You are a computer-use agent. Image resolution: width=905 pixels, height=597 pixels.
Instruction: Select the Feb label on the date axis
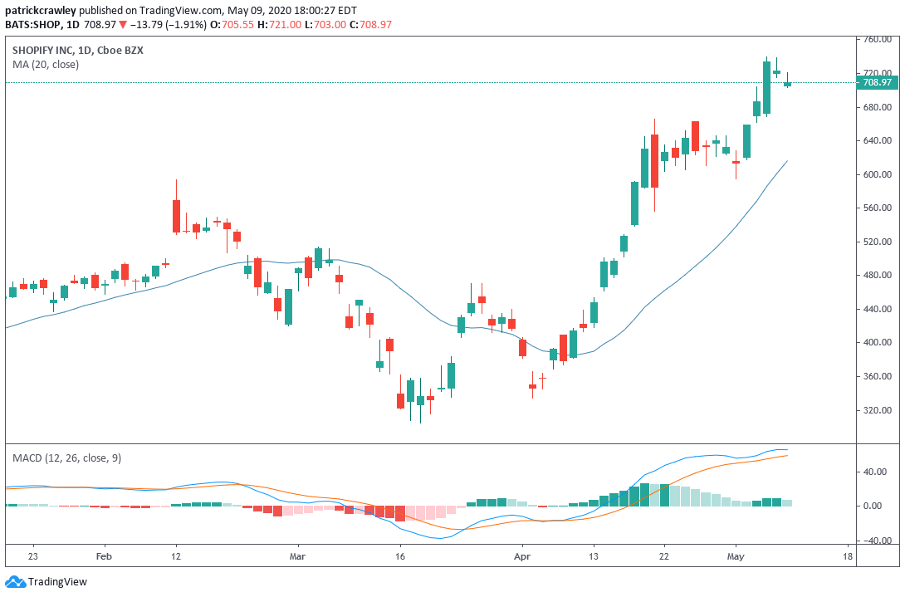click(x=104, y=557)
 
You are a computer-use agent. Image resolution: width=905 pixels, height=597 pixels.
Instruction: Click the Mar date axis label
click(x=298, y=557)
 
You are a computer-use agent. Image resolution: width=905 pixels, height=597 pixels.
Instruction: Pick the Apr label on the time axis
click(x=521, y=557)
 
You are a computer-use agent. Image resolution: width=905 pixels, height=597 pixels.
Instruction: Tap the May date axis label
click(x=735, y=557)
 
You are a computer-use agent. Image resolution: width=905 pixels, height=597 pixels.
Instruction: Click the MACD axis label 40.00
click(x=877, y=472)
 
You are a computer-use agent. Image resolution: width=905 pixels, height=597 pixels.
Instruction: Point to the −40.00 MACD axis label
click(x=876, y=541)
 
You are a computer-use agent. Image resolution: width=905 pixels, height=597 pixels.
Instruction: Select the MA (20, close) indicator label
click(x=46, y=65)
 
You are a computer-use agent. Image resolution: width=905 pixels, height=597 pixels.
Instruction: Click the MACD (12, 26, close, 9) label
click(x=66, y=458)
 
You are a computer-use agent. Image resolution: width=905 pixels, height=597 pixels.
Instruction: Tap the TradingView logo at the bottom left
click(x=46, y=582)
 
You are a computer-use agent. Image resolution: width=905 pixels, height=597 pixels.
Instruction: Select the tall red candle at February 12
click(x=176, y=215)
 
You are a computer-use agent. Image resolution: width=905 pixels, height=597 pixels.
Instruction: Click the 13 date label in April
click(x=593, y=557)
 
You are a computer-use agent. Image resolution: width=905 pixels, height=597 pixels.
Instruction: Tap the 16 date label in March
click(x=400, y=557)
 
